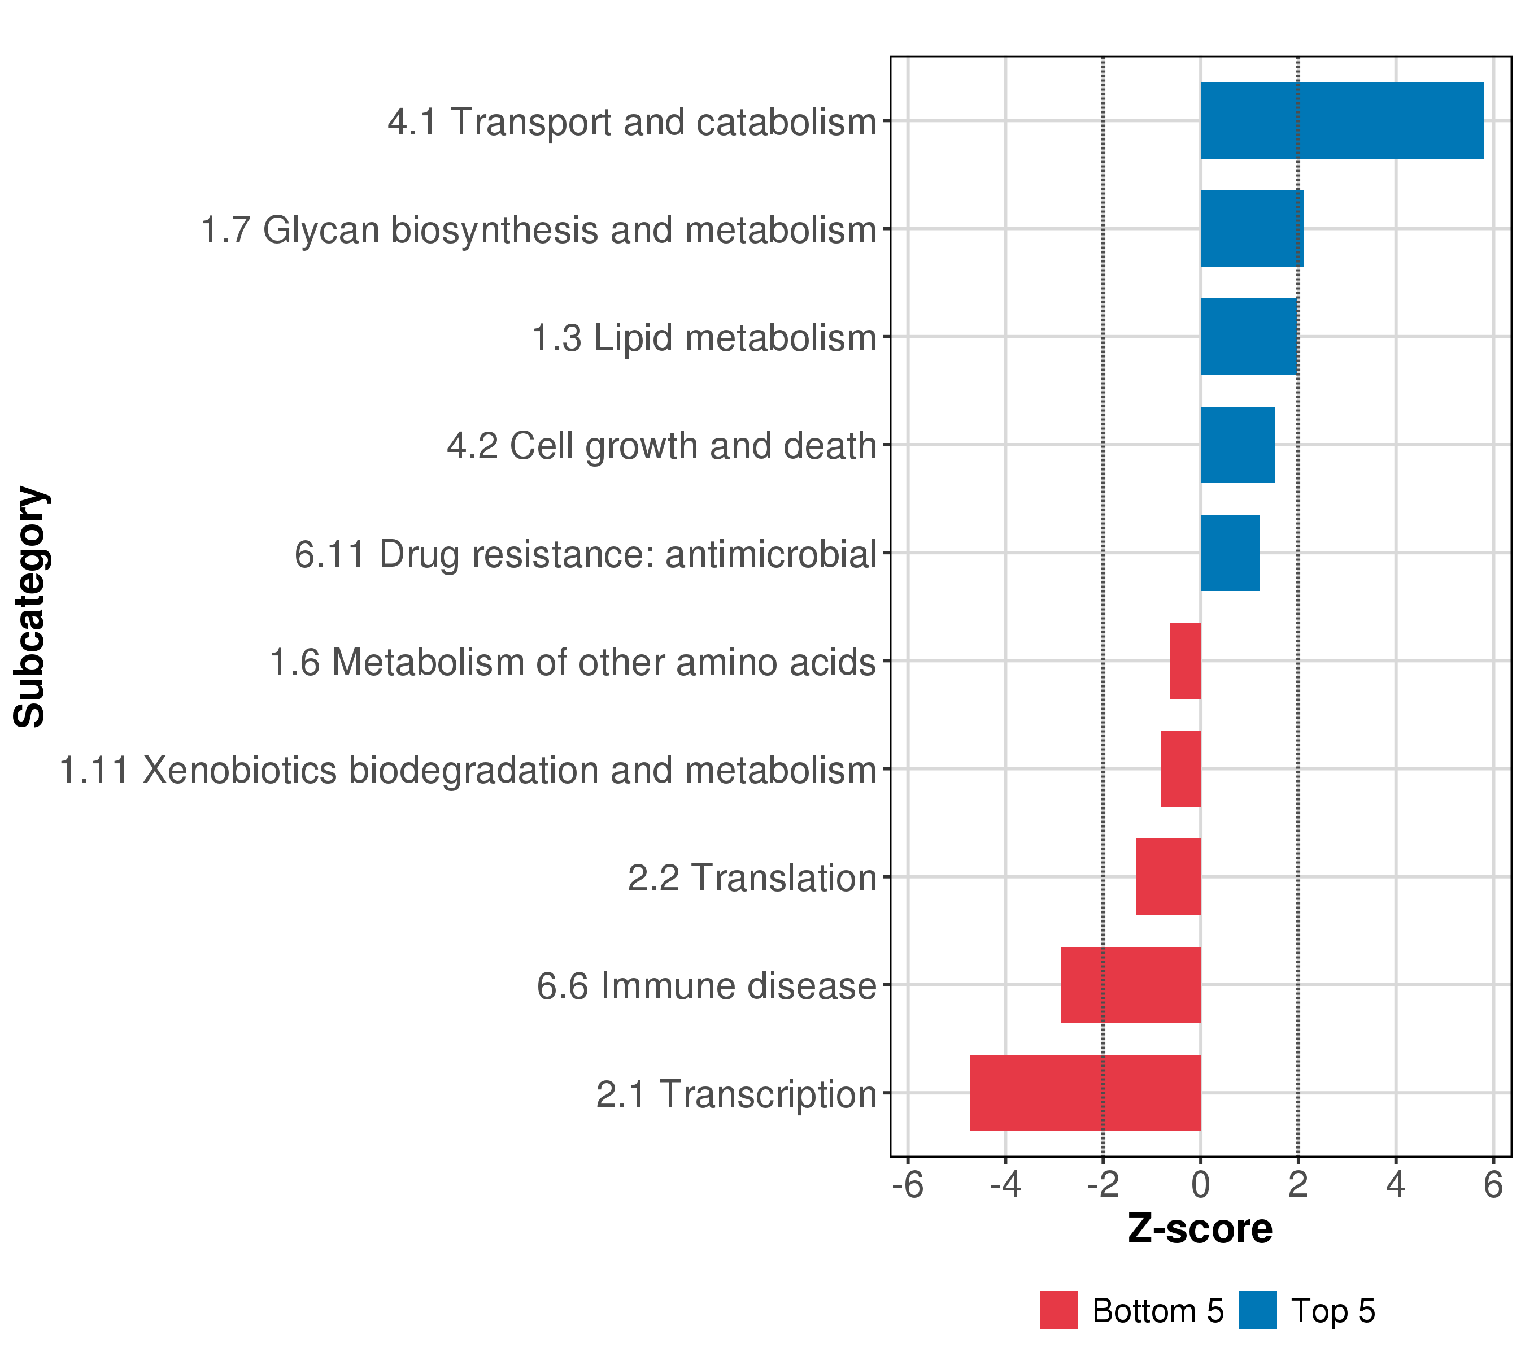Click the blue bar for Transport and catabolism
pos(1341,121)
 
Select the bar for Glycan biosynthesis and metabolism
pos(1251,228)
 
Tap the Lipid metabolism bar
pos(1248,337)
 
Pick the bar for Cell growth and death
pos(1237,445)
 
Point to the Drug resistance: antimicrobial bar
pos(1230,553)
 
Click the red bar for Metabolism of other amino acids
pos(1186,660)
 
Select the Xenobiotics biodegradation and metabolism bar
pos(1181,768)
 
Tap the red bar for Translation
pos(1169,877)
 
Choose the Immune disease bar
pos(1130,985)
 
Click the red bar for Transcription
pos(1086,1093)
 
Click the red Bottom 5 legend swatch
pos(1058,1310)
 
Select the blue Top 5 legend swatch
pos(1258,1310)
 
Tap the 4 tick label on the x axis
pos(1396,1186)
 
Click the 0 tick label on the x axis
pos(1200,1186)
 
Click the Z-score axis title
pos(1200,1229)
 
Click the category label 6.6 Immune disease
pos(706,986)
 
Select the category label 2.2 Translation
pos(751,877)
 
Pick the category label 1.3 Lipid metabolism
pos(703,337)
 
